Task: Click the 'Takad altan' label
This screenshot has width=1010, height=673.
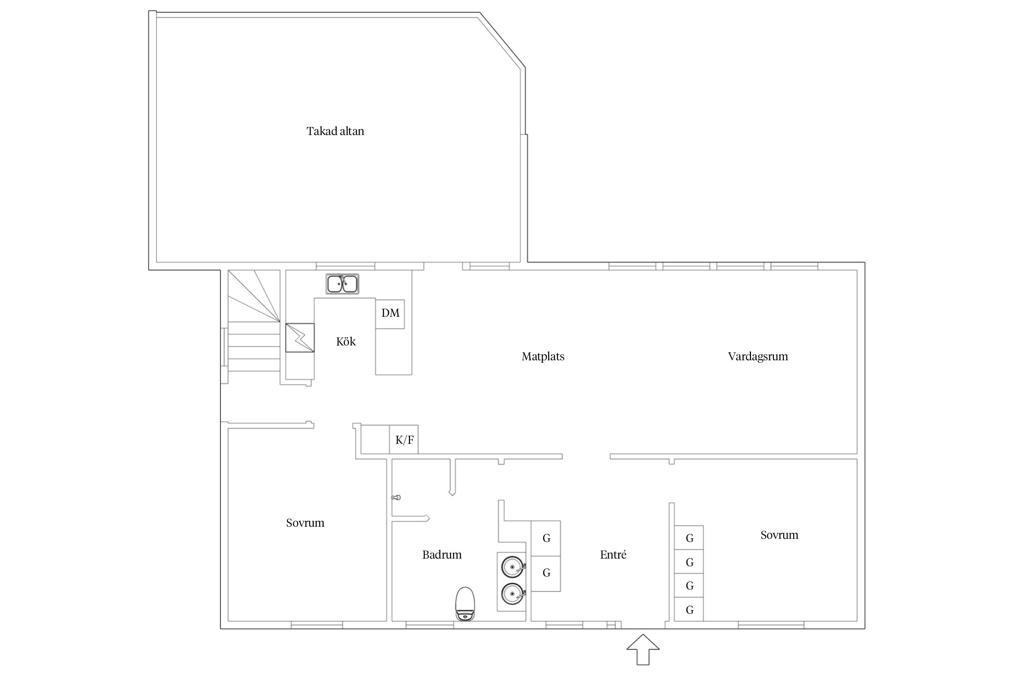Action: click(335, 131)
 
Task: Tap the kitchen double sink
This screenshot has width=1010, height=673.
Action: click(342, 284)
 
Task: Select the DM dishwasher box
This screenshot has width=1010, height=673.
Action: click(390, 314)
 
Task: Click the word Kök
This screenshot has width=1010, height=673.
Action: click(346, 341)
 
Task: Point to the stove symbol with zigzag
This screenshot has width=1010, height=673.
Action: click(300, 337)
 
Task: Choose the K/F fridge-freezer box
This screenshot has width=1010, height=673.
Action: click(404, 439)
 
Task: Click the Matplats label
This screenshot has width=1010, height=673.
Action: click(543, 357)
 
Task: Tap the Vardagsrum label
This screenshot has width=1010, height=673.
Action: click(758, 357)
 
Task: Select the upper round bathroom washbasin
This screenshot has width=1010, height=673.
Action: click(513, 567)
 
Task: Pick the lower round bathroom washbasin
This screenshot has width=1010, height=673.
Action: click(513, 594)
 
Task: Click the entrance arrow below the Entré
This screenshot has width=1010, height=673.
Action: click(643, 649)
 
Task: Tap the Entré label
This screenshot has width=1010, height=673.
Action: click(613, 555)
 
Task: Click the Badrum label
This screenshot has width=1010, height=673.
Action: click(442, 555)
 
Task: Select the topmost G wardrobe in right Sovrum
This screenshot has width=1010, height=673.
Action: click(689, 537)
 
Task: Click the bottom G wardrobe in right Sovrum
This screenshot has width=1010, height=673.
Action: click(689, 609)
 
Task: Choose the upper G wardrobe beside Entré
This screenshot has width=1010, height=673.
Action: click(546, 538)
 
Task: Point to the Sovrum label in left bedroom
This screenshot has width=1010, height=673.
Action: click(305, 523)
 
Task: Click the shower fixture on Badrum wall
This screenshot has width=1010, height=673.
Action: click(396, 497)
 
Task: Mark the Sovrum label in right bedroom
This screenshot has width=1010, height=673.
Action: click(779, 535)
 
